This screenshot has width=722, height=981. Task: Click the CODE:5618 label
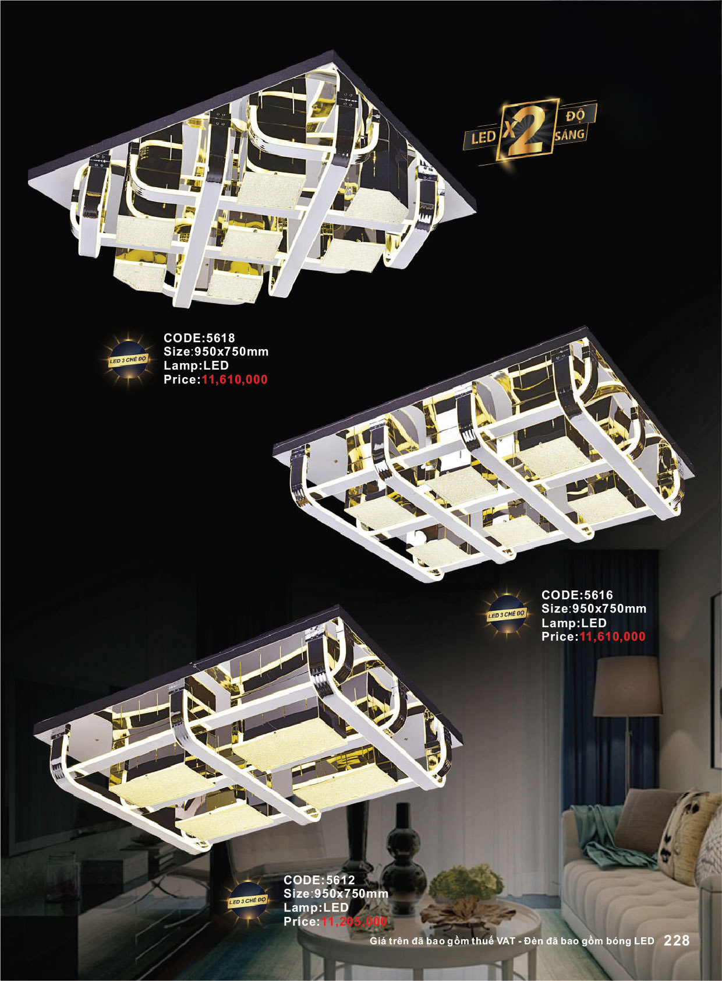(x=199, y=337)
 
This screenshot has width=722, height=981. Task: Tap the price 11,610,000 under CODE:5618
(x=235, y=379)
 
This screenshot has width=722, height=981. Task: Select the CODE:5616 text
(x=577, y=595)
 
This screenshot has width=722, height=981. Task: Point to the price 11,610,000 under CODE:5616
(x=613, y=637)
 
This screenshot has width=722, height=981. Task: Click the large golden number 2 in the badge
(x=529, y=131)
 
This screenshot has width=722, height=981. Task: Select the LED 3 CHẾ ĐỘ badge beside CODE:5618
(x=128, y=360)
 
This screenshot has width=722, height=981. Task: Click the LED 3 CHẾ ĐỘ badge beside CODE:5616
(x=507, y=614)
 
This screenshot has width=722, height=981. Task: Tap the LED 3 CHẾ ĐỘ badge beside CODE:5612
(x=247, y=901)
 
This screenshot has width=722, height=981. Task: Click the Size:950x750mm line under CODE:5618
(x=216, y=351)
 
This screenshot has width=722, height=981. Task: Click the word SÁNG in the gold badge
(x=570, y=134)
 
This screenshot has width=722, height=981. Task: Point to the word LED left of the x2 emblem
(x=483, y=138)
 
